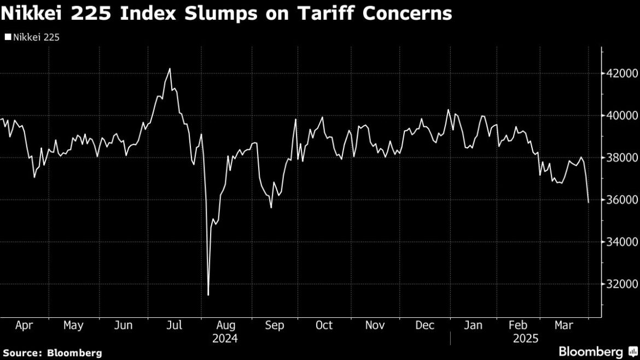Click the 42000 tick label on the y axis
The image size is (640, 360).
point(619,73)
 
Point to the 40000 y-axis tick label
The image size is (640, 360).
point(619,115)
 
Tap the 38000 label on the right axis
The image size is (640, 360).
point(619,158)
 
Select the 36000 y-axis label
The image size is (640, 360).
point(619,200)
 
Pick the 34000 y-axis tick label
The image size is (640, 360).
point(619,242)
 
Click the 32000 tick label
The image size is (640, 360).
point(619,284)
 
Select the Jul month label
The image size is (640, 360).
point(174,326)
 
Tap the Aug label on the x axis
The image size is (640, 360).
point(225,326)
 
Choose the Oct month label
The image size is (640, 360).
point(324,326)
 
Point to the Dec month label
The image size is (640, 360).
point(425,326)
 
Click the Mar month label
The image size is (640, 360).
point(564,326)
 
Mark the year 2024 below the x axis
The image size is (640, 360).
point(225,339)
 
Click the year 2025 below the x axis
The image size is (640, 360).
point(526,339)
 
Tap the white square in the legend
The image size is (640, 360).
point(8,38)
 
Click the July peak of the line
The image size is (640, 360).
point(170,68)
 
